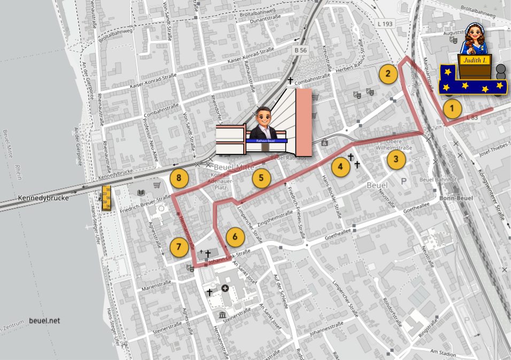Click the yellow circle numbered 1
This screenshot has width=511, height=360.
452,109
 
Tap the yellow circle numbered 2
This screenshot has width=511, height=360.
388,74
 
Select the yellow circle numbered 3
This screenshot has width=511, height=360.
396,159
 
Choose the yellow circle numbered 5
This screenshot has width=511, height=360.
261,178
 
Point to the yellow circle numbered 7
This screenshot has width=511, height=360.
179,247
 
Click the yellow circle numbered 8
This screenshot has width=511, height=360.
179,178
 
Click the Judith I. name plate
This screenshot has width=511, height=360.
475,60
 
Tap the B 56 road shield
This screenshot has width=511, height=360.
300,50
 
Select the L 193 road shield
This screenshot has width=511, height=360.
384,24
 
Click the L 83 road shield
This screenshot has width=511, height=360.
471,117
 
